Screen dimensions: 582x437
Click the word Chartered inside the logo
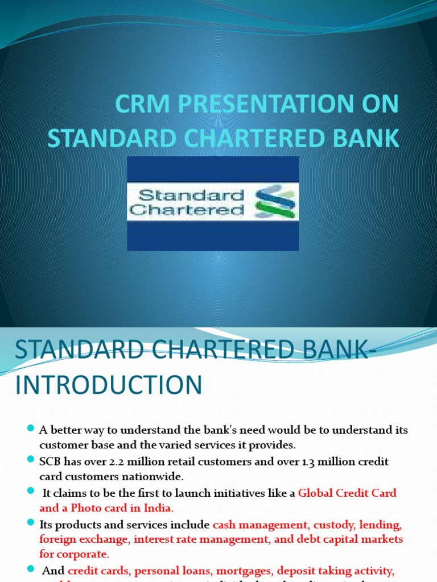point(187,210)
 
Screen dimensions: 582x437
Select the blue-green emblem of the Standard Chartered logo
point(275,203)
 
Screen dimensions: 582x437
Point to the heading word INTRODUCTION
point(109,385)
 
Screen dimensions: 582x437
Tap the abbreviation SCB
point(52,462)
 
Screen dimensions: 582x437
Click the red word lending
point(384,523)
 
